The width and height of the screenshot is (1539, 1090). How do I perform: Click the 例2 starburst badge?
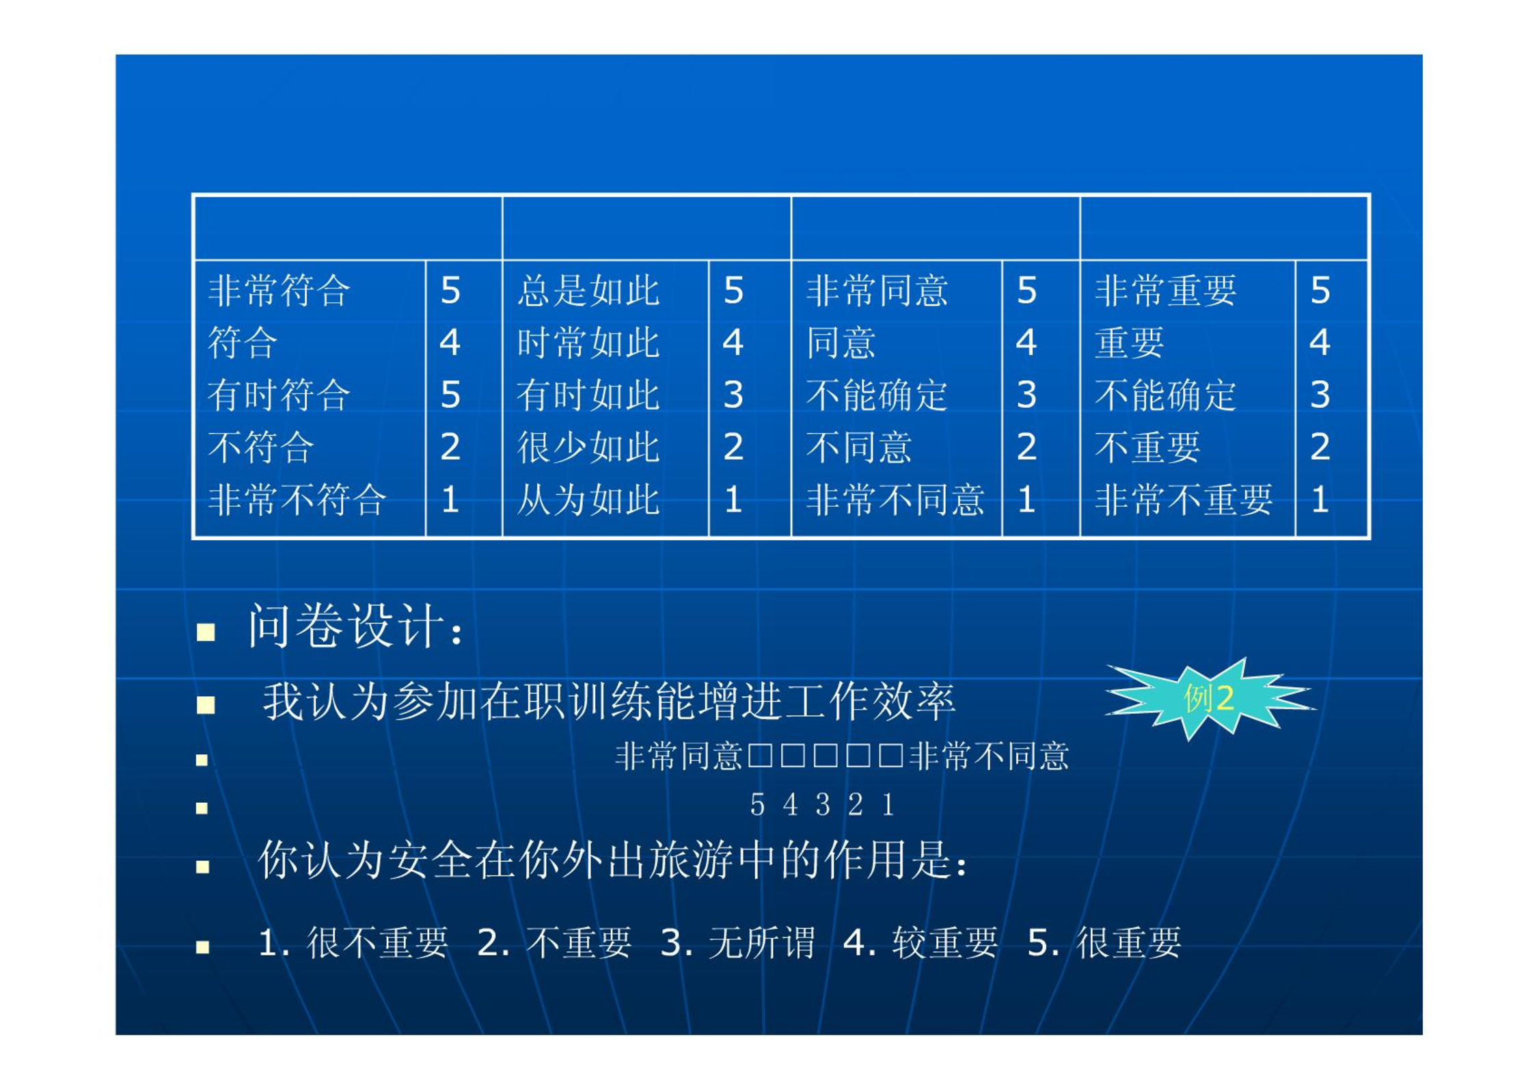[1208, 699]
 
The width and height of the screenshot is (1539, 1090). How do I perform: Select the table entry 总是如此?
[588, 291]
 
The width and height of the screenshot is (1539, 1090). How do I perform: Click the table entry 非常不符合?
[297, 500]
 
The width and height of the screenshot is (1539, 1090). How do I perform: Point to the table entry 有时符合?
[279, 395]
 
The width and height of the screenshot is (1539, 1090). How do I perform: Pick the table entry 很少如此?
[588, 447]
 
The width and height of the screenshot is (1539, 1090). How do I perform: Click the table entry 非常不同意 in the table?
[895, 500]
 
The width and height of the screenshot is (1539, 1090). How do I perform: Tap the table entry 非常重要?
[1166, 291]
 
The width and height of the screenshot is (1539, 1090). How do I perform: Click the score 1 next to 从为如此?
[733, 500]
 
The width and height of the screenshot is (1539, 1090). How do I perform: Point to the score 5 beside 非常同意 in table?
[1026, 291]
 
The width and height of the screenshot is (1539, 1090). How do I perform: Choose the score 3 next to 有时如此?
[733, 395]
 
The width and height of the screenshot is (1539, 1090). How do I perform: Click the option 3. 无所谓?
[737, 943]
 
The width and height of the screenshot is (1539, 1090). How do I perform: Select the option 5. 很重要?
[1104, 943]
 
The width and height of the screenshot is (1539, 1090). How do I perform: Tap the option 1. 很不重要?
[353, 943]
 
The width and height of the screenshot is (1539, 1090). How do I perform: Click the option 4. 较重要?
[921, 943]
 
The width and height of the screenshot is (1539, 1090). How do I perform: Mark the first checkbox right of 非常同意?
[760, 756]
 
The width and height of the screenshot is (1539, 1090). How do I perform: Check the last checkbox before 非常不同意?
[891, 756]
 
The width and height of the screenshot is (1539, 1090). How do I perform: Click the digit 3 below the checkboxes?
[823, 805]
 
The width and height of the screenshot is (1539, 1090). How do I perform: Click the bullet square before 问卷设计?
[206, 632]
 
